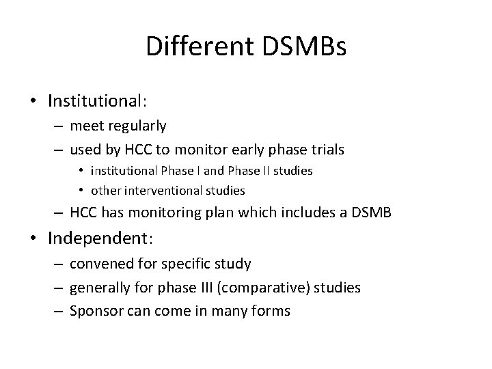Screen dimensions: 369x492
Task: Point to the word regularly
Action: (x=139, y=126)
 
